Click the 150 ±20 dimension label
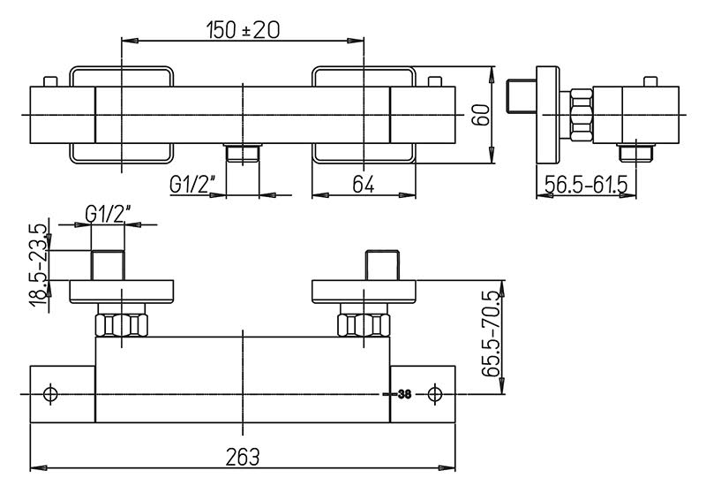tap(244, 30)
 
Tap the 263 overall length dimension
tap(243, 457)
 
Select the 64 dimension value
tap(364, 184)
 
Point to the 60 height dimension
tap(480, 115)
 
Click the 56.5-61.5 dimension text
tap(586, 184)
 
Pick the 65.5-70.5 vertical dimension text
tap(492, 333)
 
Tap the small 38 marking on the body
tap(404, 394)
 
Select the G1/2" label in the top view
tap(192, 184)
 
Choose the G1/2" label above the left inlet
tap(108, 214)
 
